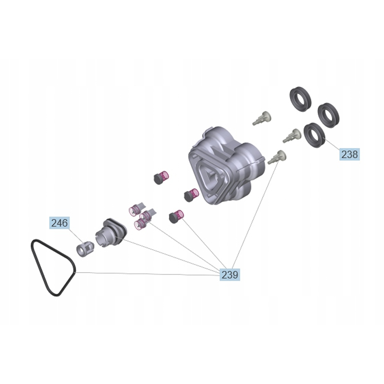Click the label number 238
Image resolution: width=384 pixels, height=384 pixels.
pos(349,154)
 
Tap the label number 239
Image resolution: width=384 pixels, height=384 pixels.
pos(230,275)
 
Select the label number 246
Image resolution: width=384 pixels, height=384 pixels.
pos(60,223)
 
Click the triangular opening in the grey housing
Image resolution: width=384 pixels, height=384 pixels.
pos(211,177)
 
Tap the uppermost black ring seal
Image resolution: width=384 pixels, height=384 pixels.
pos(300,98)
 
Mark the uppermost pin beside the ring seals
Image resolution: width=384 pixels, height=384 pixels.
pos(263,118)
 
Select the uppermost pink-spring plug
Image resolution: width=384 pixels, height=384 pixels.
pos(160,178)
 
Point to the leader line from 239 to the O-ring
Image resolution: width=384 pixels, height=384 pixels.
pos(144,274)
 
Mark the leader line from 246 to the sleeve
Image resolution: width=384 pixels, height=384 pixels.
pos(75,237)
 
